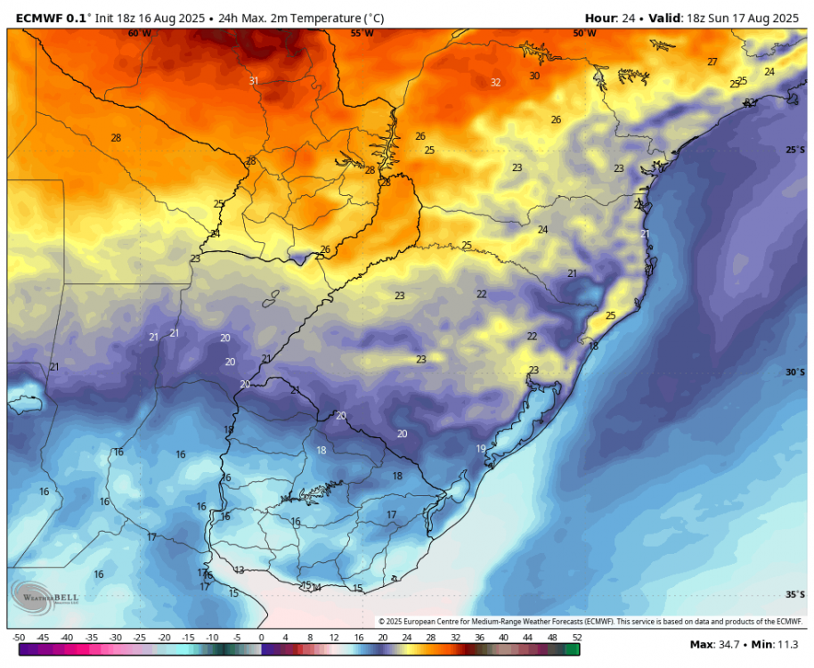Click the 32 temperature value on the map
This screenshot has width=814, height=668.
[x=495, y=83]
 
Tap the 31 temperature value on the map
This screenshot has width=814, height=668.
[x=254, y=81]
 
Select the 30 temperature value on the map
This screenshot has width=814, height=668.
[x=534, y=77]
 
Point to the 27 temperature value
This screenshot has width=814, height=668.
[x=712, y=61]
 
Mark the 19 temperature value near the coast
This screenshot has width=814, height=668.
[x=481, y=449]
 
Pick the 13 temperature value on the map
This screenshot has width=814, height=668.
[x=239, y=570]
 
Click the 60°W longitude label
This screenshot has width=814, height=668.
[x=139, y=34]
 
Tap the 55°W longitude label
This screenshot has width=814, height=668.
[x=362, y=34]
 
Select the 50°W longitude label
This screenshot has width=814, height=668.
[x=584, y=34]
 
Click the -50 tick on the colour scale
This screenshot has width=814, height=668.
[x=19, y=638]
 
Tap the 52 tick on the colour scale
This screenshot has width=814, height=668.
[x=576, y=638]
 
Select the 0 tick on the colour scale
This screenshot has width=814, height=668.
[x=261, y=638]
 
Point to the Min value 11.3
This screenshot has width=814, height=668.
[x=786, y=645]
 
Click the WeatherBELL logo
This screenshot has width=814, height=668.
[x=45, y=595]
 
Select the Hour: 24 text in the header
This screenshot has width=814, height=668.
[x=615, y=17]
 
